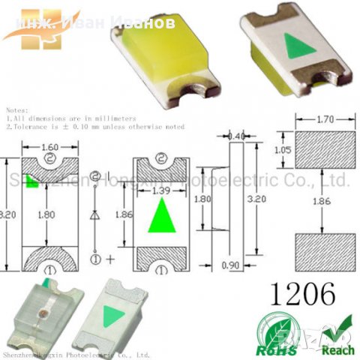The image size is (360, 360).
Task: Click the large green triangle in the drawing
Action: click(x=159, y=218)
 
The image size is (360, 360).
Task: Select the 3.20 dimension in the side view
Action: click(x=257, y=202)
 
